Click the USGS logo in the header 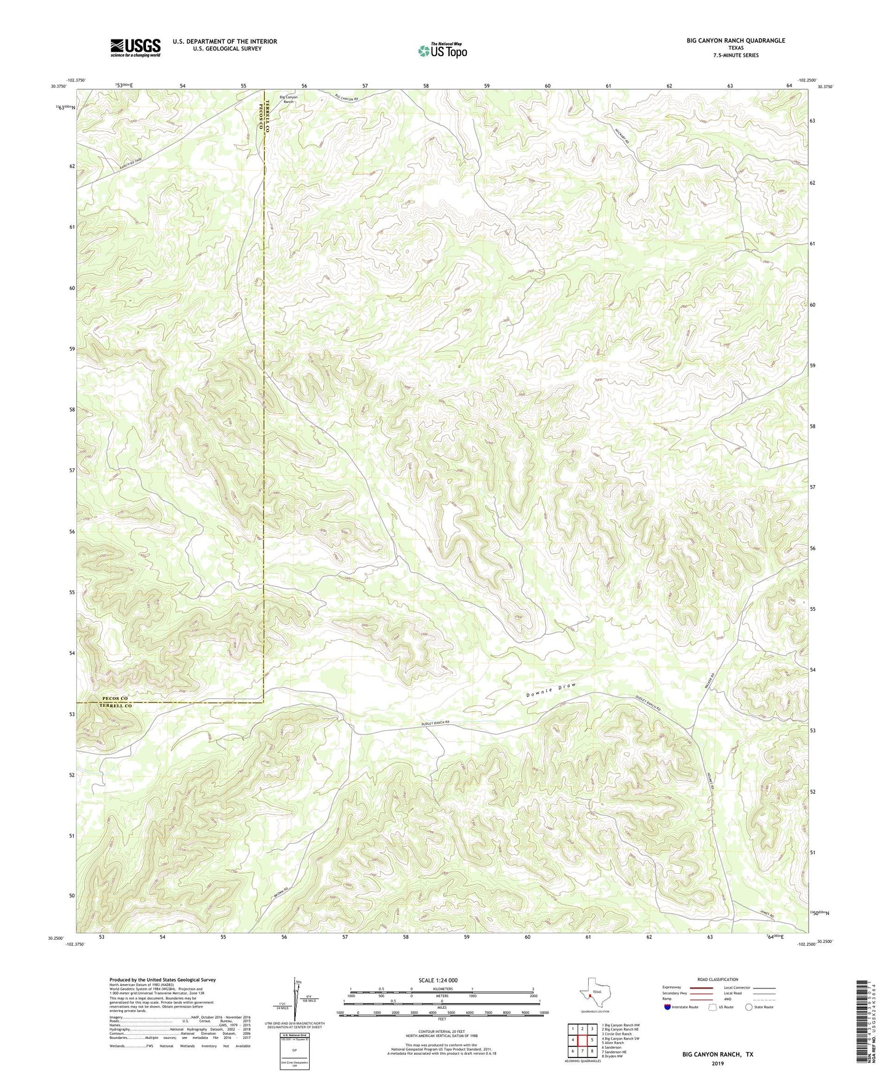click(x=136, y=47)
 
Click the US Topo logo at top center click(x=442, y=51)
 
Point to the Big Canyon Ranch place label click(x=288, y=99)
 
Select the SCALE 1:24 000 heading click(x=437, y=980)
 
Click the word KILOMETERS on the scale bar click(x=442, y=989)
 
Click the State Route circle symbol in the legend click(x=748, y=1007)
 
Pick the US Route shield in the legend click(x=713, y=1007)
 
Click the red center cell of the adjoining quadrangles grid click(x=582, y=1040)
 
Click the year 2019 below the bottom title click(x=718, y=1064)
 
